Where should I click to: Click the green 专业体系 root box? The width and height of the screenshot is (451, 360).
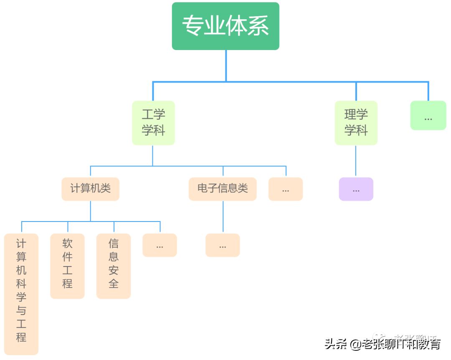coord(225,26)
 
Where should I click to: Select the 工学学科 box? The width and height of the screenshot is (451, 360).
coord(153,123)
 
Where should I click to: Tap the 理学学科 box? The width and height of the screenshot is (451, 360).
coord(356,123)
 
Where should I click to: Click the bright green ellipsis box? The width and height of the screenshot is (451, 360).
coord(428,116)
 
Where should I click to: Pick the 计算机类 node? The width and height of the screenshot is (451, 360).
coord(90,189)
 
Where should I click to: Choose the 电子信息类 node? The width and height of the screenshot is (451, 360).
coord(223,189)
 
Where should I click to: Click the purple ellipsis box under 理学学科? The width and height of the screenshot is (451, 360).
coord(356,189)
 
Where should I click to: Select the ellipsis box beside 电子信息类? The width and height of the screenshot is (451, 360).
coord(286,189)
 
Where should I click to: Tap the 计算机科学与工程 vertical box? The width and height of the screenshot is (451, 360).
coord(21,294)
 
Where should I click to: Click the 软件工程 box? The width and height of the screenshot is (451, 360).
coord(67,266)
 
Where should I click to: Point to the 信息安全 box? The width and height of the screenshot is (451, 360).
coord(114,266)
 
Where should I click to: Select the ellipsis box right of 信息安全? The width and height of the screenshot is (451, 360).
coord(160,245)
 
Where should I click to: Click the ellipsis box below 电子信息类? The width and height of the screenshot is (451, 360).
coord(223,245)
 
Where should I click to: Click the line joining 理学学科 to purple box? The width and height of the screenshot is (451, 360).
coord(356,161)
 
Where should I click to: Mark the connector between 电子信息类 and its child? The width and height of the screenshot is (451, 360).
coord(223,217)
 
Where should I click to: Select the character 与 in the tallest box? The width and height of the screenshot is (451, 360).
coord(21,311)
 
